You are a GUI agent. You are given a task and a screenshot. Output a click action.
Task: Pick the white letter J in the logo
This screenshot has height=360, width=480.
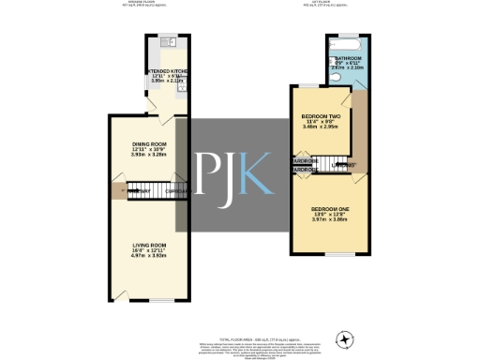228,172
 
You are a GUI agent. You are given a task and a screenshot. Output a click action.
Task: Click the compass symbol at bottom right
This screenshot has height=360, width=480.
348,338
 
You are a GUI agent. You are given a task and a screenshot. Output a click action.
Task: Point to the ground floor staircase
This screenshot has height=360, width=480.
142,191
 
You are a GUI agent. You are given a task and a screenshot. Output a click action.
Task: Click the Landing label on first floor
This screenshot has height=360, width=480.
345,165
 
